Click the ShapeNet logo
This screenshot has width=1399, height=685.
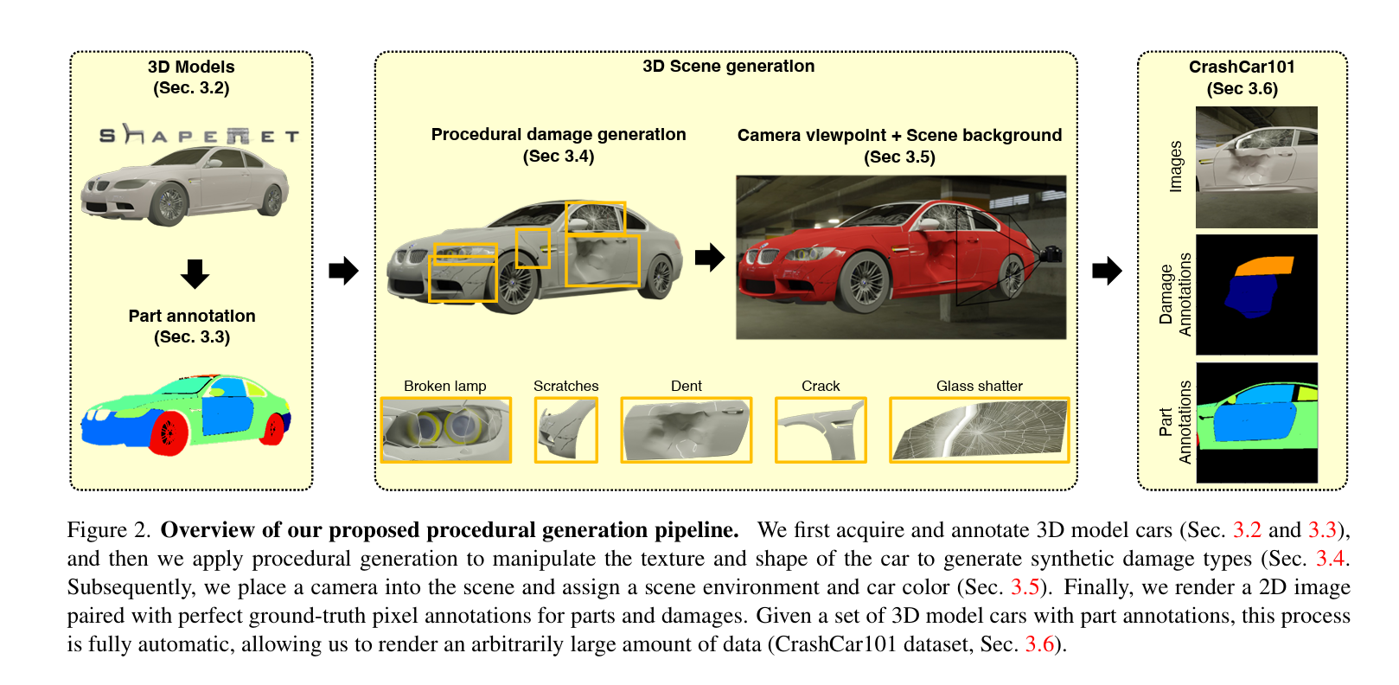[x=198, y=135]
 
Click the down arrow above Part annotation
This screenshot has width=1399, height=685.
[x=195, y=273]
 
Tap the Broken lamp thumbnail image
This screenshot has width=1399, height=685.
[x=445, y=429]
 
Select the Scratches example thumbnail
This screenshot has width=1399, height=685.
[x=565, y=429]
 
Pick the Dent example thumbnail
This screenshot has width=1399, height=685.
[x=686, y=429]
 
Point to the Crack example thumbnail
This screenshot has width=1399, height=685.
[x=820, y=429]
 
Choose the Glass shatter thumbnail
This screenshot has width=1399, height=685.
[x=979, y=429]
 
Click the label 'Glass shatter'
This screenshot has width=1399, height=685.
[x=979, y=386]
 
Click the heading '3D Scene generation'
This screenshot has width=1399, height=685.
[x=728, y=66]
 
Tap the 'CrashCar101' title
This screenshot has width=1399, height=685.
[x=1242, y=67]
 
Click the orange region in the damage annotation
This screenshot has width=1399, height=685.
[x=1264, y=266]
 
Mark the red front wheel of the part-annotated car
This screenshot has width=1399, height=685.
[x=169, y=432]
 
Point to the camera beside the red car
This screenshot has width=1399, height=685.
[x=1051, y=253]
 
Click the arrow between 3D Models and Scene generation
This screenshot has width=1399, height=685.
[x=343, y=271]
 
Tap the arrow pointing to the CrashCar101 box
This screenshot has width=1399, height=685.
[x=1107, y=271]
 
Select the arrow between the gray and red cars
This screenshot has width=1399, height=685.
[x=710, y=257]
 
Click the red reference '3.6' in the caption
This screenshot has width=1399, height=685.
[x=1039, y=644]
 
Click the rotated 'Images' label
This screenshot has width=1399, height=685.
[x=1175, y=166]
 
